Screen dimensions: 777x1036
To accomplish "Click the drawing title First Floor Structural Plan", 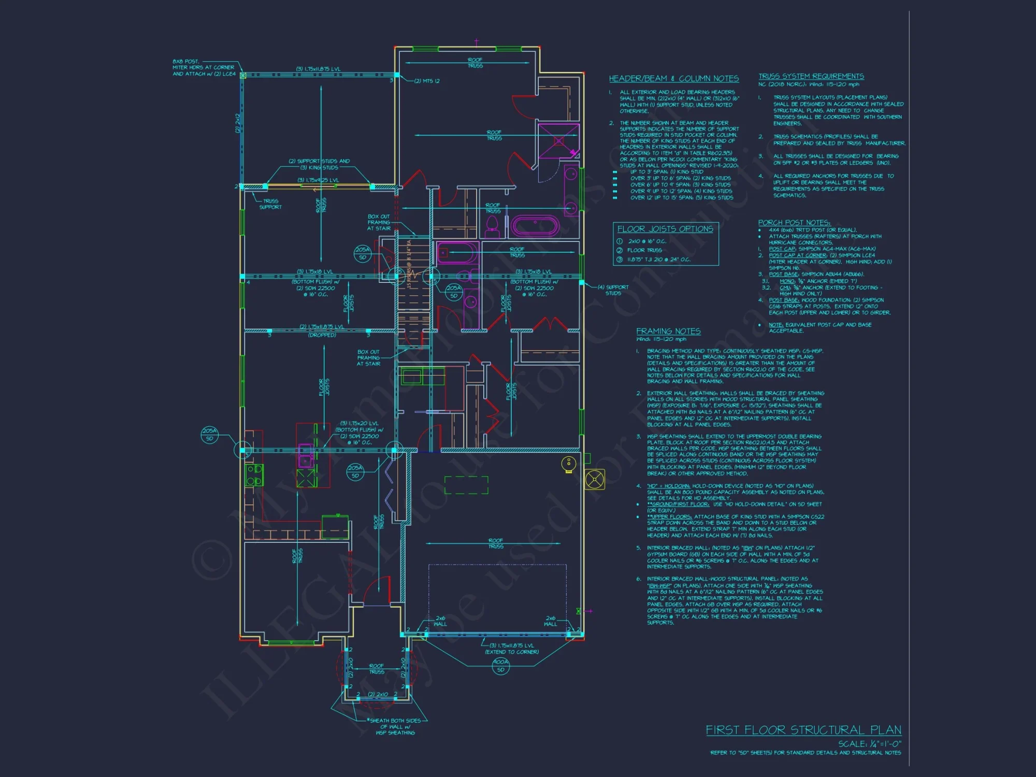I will coord(803,730).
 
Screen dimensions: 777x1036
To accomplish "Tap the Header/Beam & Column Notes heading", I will coord(673,79).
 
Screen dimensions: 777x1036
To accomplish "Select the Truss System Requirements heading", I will coord(811,76).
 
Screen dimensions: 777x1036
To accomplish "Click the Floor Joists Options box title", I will coord(665,229).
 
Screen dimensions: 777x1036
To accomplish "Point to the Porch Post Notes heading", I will coord(794,223).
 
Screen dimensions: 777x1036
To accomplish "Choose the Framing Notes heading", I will coord(668,331).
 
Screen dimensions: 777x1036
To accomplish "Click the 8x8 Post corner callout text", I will coord(204,67).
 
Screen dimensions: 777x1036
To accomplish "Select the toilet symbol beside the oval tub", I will coord(492,225).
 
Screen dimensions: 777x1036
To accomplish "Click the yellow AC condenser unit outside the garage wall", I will coord(595,479).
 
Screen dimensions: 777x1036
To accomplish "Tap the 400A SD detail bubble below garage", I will coord(500,666).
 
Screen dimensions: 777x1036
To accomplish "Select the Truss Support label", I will coord(270,204).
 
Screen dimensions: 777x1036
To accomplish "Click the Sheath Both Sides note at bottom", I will coord(397,726).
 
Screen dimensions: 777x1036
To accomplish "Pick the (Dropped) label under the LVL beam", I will coord(322,335).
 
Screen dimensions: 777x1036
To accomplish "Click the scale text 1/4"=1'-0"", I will coord(870,743).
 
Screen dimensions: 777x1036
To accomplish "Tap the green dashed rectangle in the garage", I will coord(466,485).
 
